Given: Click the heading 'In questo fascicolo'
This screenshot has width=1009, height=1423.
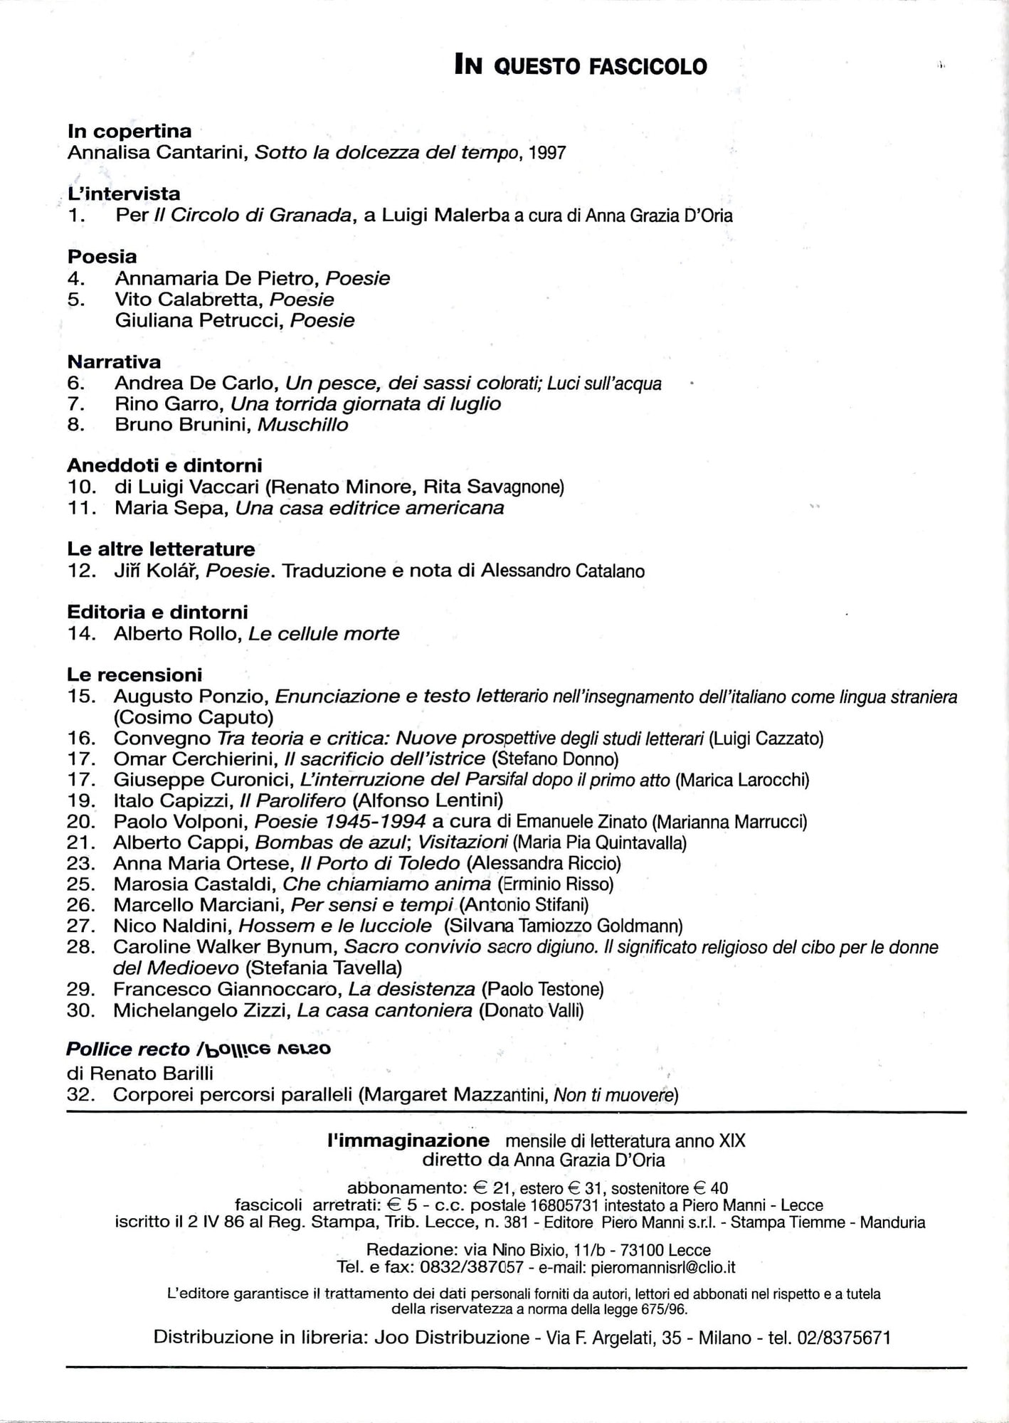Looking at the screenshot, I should pos(581,66).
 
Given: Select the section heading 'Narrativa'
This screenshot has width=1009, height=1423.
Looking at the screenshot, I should pos(114,361).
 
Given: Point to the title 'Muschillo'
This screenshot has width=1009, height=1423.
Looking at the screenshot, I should pos(303,425).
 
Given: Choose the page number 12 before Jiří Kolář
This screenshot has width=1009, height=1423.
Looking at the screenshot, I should pos(81,571).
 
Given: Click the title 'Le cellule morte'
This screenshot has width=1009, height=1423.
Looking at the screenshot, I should pos(324,633).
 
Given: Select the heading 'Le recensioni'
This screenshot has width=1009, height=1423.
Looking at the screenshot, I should pos(134,675).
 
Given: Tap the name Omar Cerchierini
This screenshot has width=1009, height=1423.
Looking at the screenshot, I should pos(194,759).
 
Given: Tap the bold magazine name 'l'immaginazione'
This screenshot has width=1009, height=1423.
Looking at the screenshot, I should pos(408,1141).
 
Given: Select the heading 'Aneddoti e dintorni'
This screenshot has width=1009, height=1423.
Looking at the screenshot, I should pos(164,465).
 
